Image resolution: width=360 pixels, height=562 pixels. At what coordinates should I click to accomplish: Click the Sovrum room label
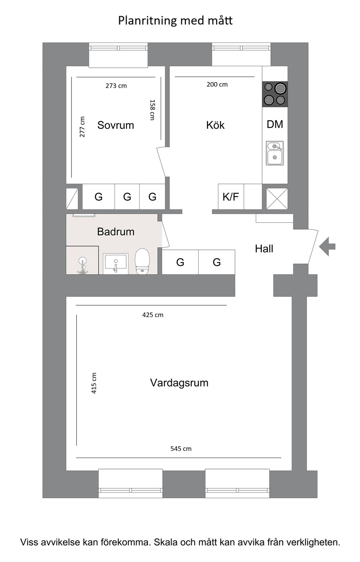coord(115,125)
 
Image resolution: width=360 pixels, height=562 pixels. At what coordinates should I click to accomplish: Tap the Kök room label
coord(215,125)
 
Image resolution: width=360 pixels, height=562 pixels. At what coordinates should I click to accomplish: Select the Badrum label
coord(116,232)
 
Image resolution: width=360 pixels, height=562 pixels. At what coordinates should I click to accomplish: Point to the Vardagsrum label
coord(179,383)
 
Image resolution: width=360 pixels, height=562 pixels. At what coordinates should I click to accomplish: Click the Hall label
coord(264,249)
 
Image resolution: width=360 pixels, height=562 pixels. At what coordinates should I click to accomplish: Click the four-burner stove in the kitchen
coord(275,94)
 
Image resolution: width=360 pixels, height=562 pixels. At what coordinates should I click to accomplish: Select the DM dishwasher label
coord(275,124)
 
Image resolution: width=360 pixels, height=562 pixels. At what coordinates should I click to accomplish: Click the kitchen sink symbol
coord(275,153)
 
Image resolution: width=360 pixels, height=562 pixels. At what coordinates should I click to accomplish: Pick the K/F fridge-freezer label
coord(230,197)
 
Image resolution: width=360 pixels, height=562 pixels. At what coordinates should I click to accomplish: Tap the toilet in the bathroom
coord(142,261)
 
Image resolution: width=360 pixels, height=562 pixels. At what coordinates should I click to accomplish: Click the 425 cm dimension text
coord(153,315)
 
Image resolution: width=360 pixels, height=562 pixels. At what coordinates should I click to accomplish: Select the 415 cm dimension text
coord(94,383)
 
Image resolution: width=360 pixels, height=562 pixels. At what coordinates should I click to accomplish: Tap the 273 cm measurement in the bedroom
coord(116,86)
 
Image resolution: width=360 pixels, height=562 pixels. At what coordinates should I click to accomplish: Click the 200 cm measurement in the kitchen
coord(217,84)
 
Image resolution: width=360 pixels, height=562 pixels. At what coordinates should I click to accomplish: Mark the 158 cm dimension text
coord(152,110)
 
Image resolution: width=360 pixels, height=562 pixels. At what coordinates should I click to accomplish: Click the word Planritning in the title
coord(148,21)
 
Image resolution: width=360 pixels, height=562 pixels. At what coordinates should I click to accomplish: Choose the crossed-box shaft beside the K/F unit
coord(277,199)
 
